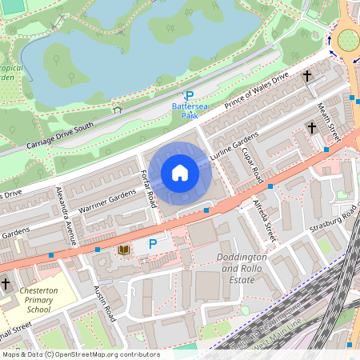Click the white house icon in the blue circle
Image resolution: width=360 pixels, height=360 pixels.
180,173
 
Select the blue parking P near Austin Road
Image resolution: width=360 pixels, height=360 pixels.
151,244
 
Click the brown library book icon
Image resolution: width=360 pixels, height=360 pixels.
123,250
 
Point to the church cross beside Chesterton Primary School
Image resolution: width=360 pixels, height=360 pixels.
6,283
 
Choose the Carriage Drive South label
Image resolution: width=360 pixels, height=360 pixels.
59,136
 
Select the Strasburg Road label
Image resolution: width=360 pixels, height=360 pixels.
334,217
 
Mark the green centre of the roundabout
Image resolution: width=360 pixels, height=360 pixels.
350,38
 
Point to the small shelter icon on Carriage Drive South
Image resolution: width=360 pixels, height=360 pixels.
118,110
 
